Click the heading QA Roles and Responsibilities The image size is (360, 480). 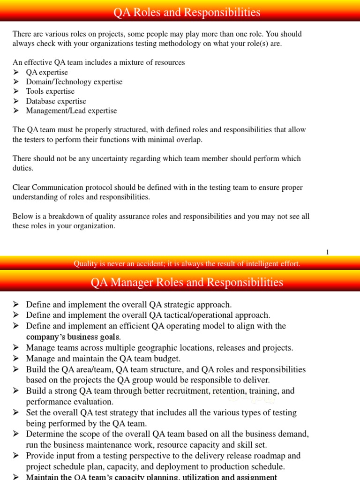pyautogui.click(x=187, y=12)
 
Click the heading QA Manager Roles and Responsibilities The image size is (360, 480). pyautogui.click(x=187, y=282)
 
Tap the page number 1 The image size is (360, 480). pyautogui.click(x=328, y=252)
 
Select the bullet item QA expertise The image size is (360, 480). pyautogui.click(x=47, y=72)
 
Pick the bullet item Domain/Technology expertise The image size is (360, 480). pyautogui.click(x=74, y=82)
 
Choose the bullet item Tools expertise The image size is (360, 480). pyautogui.click(x=50, y=91)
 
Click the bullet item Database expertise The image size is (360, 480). pyautogui.click(x=56, y=101)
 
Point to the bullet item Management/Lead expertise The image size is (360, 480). pyautogui.click(x=71, y=111)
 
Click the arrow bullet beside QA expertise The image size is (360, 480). pyautogui.click(x=16, y=72)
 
